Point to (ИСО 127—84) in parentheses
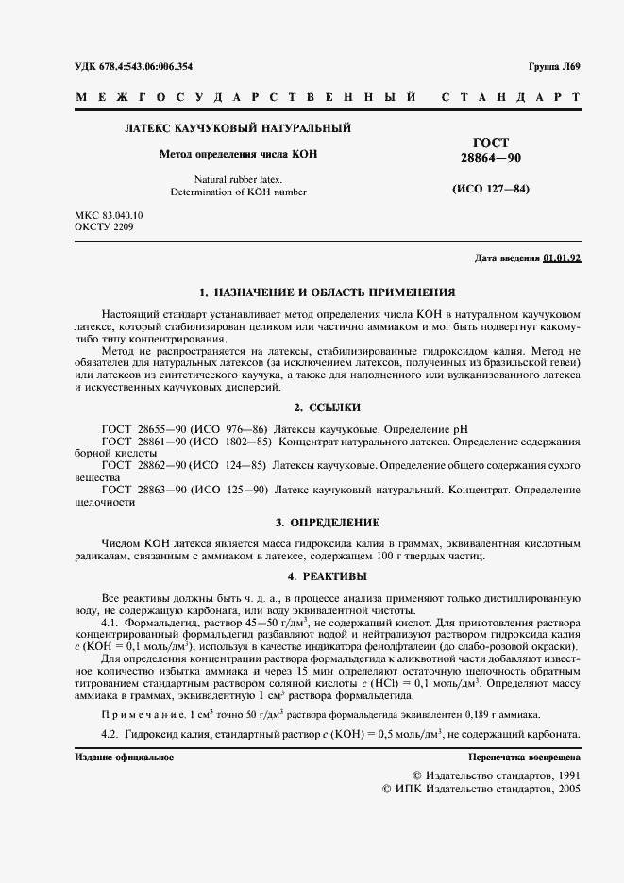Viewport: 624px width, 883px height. [x=490, y=189]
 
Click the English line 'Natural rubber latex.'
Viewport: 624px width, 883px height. [x=238, y=178]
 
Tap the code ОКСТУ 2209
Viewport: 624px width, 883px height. [x=104, y=228]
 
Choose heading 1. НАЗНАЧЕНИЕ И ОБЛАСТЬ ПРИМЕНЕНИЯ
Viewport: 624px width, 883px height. [x=327, y=292]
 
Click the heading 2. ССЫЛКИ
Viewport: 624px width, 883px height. [x=327, y=407]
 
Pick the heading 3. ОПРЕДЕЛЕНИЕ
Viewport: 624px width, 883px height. [x=327, y=522]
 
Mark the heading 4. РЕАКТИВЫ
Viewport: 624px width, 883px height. [x=327, y=575]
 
